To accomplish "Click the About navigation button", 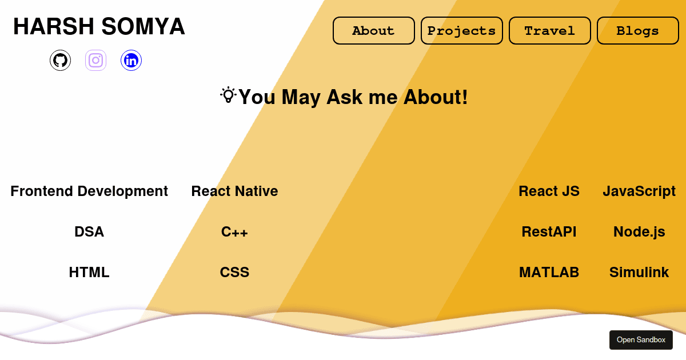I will click(x=373, y=31).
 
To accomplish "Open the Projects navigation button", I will click(x=461, y=31).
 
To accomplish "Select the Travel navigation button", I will click(x=549, y=31).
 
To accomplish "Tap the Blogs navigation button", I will click(x=637, y=31).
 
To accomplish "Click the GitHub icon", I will click(x=60, y=60).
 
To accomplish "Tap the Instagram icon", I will click(x=95, y=60).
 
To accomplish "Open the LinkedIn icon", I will click(x=131, y=60).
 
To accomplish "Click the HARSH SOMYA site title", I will click(x=99, y=26).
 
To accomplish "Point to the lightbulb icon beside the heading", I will click(x=228, y=95).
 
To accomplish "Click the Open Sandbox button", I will click(x=641, y=340).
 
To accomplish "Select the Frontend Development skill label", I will click(x=89, y=191).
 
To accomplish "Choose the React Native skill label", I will click(x=234, y=191).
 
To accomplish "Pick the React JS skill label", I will click(x=549, y=191).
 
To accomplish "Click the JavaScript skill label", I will click(x=639, y=191).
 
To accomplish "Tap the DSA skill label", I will click(x=89, y=231).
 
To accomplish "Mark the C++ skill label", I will click(x=234, y=231).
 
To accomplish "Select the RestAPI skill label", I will click(x=549, y=231).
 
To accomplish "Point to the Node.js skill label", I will click(x=639, y=231).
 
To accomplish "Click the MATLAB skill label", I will click(x=549, y=272).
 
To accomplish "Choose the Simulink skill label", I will click(x=639, y=272).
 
